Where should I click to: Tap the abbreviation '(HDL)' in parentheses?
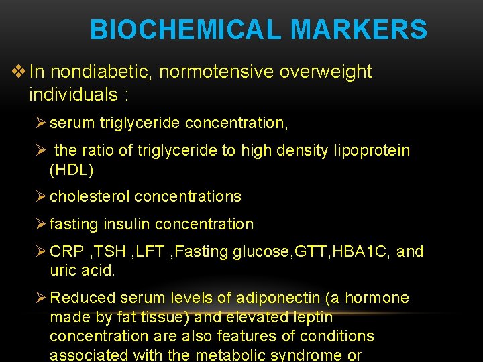72,170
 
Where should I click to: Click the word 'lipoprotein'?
372,151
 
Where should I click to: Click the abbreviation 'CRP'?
66,252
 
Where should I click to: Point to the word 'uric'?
62,271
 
